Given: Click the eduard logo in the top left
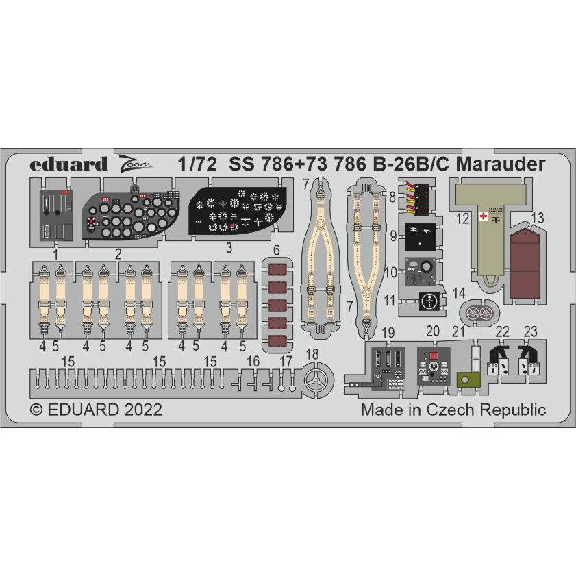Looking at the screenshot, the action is (68, 164).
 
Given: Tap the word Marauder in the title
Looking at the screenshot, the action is (501, 164).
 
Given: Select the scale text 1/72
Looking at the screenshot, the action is (197, 164).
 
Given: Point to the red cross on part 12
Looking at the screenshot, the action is (484, 216).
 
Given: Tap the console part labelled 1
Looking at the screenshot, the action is (56, 215).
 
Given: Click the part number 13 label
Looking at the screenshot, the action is (537, 218).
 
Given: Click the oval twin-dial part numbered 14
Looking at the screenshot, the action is (479, 313).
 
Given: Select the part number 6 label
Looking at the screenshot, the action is (276, 251).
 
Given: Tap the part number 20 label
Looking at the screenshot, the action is (433, 331).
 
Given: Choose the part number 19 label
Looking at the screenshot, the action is (388, 333).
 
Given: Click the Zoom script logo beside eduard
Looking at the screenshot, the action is (135, 164).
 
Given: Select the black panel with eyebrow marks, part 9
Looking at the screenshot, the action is (421, 237).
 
